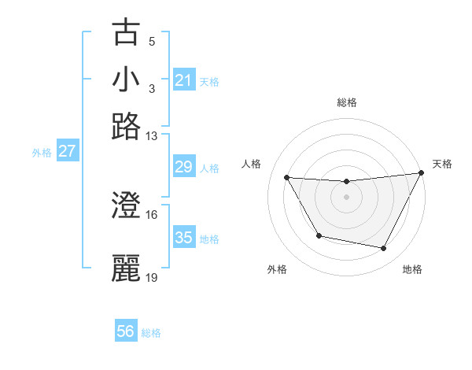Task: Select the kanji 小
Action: click(x=127, y=80)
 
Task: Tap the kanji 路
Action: click(x=127, y=126)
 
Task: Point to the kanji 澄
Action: click(x=127, y=206)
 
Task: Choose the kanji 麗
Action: click(x=127, y=268)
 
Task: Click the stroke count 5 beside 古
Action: click(x=152, y=42)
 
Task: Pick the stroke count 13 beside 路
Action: click(x=152, y=136)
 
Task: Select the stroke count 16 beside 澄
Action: click(x=152, y=214)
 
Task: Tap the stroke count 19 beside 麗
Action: click(x=152, y=277)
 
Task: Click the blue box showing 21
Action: click(x=184, y=80)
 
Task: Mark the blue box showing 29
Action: click(x=184, y=167)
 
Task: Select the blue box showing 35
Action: click(x=184, y=238)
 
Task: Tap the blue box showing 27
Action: click(x=67, y=151)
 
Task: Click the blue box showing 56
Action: click(x=126, y=331)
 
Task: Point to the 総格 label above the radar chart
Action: click(x=346, y=102)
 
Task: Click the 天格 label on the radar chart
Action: click(x=442, y=164)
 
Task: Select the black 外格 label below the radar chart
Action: click(x=277, y=269)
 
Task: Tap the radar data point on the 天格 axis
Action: click(x=422, y=173)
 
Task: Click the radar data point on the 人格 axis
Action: click(x=287, y=178)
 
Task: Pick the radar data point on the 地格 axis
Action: click(x=384, y=249)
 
